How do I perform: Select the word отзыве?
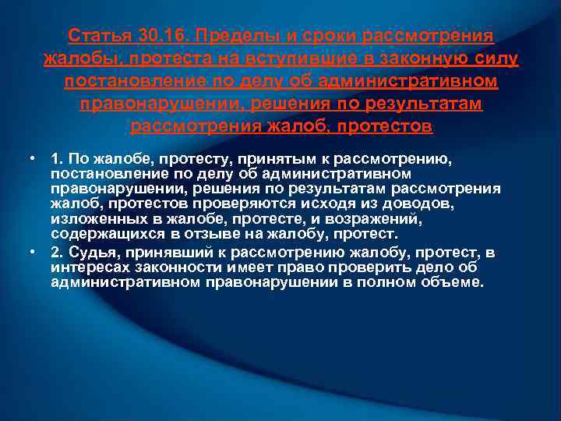coord(210,233)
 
